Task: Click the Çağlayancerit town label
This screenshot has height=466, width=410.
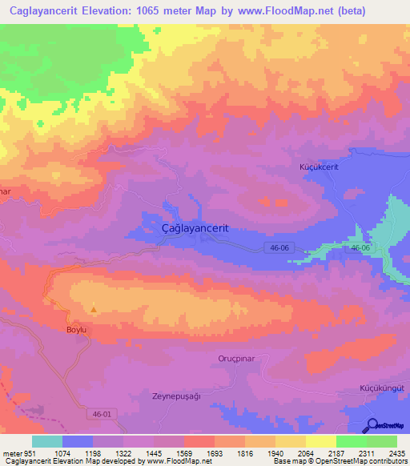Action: pyautogui.click(x=195, y=227)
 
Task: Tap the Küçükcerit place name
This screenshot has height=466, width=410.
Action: pyautogui.click(x=318, y=168)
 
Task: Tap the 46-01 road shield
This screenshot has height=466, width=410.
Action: pyautogui.click(x=98, y=414)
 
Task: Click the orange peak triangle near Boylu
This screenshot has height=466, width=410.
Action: pyautogui.click(x=94, y=310)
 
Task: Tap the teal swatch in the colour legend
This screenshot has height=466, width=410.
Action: pyautogui.click(x=46, y=441)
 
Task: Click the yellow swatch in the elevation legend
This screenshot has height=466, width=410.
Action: pyautogui.click(x=320, y=441)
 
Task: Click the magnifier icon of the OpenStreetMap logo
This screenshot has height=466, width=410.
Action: pyautogui.click(x=372, y=424)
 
